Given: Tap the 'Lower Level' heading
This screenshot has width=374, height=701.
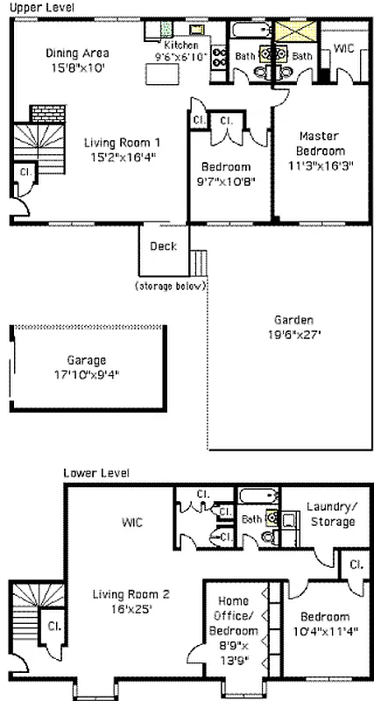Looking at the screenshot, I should (95, 473).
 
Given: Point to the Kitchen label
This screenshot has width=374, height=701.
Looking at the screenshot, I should (181, 45).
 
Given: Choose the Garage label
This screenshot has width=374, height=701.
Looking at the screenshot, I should (86, 359).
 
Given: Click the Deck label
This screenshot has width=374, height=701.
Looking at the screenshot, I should (163, 246).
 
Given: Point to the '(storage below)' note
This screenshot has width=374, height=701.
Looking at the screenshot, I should (170, 287).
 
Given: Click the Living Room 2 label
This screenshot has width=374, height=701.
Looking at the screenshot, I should (131, 594).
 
